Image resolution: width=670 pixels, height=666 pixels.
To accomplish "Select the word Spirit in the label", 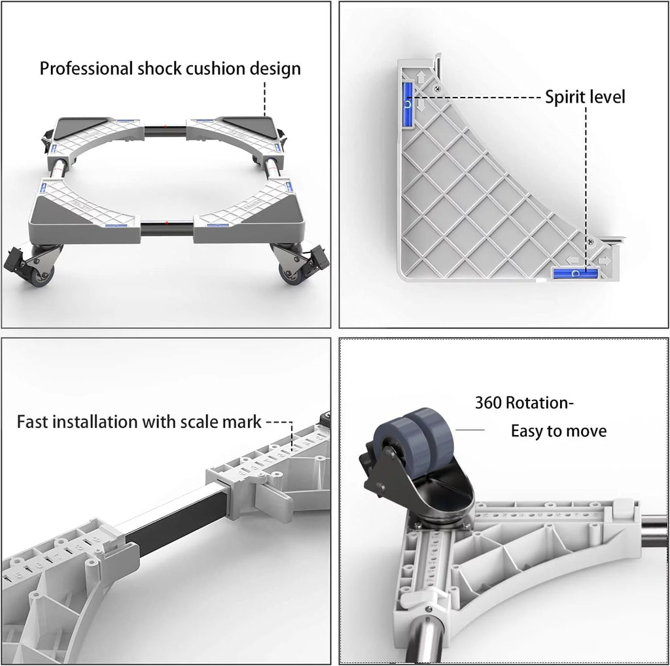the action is pos(562,97).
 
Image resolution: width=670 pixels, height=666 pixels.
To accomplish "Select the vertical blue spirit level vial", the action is pos(408,104).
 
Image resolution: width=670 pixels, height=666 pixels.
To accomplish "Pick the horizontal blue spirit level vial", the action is pos(576,273).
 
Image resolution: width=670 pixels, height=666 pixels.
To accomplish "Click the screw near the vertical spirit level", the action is pos(436,88).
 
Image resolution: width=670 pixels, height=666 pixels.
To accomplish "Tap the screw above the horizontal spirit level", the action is pos(591,242).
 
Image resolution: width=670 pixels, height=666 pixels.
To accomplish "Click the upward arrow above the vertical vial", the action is pos(421,77).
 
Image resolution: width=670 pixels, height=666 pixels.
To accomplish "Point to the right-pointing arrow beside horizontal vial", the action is pos(605,260).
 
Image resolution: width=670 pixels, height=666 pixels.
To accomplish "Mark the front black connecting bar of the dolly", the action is pos(167,228).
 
